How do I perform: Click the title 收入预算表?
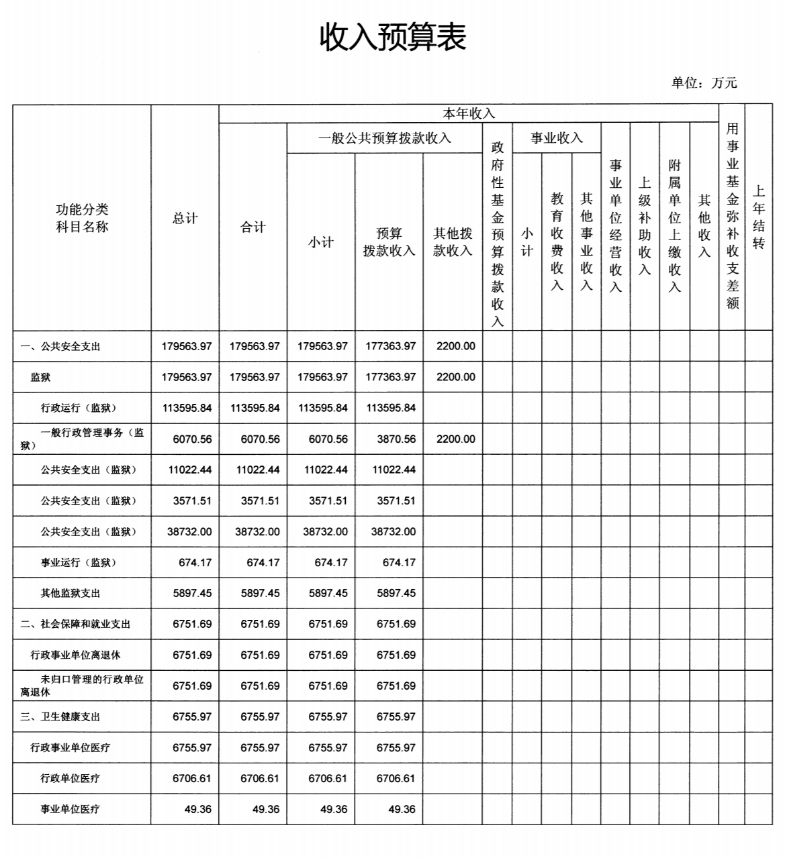tap(392, 37)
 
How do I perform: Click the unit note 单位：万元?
tap(704, 83)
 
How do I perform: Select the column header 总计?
tap(185, 219)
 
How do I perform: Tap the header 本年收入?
tap(468, 113)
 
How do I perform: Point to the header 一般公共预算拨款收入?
tap(384, 139)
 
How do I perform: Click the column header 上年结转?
tap(758, 217)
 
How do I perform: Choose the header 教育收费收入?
tap(557, 242)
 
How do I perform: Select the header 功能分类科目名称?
tap(82, 218)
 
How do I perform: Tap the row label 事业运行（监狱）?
tap(78, 563)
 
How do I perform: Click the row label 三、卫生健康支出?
tap(60, 717)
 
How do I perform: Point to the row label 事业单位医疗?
tap(70, 810)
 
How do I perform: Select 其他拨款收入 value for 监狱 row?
tap(455, 377)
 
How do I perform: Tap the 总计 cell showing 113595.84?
tap(186, 408)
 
